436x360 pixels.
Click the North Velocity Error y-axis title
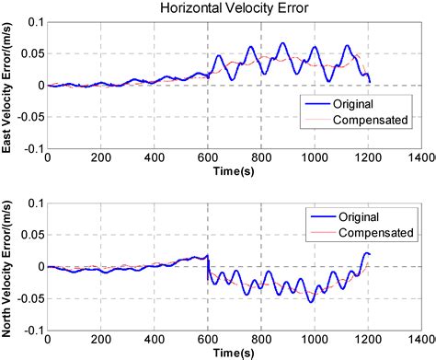click(11, 268)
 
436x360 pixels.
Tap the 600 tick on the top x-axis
click(207, 157)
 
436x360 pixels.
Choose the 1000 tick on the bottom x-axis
click(315, 340)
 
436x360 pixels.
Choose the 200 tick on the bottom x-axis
click(100, 340)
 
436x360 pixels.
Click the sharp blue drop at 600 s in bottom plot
click(209, 267)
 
